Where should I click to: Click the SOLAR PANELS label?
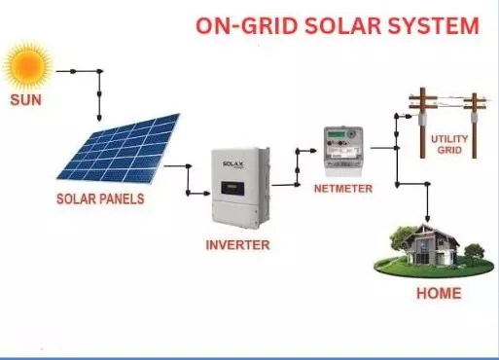coord(99,199)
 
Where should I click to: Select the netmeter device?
coord(341,149)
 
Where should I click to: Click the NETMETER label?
coord(342,188)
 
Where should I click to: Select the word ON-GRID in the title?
coord(240,26)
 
